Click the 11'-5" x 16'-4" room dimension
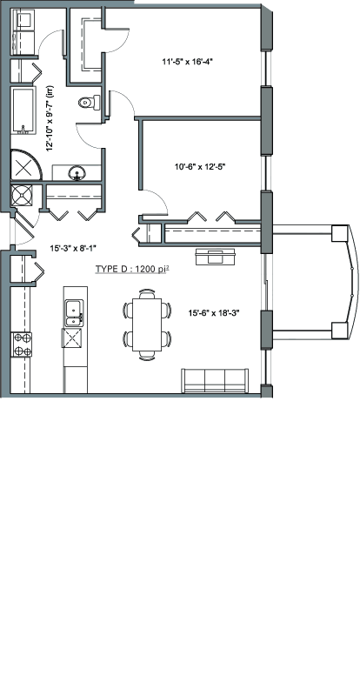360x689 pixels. point(187,62)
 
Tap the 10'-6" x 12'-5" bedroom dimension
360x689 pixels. point(200,166)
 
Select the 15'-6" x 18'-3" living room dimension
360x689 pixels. point(213,313)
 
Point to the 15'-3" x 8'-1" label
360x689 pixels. point(73,249)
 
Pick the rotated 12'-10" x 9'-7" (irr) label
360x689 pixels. point(50,118)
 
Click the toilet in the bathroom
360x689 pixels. point(90,103)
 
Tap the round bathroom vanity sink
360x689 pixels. point(77,173)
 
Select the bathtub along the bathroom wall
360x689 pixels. point(23,110)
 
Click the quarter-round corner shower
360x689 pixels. point(25,164)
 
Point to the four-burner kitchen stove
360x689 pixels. point(22,344)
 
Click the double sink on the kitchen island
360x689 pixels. point(74,313)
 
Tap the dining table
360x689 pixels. point(147,324)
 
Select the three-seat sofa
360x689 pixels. point(215,380)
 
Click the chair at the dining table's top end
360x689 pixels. point(147,293)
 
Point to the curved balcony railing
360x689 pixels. point(352,281)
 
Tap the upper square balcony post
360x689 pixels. point(340,233)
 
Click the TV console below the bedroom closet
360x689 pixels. point(215,257)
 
